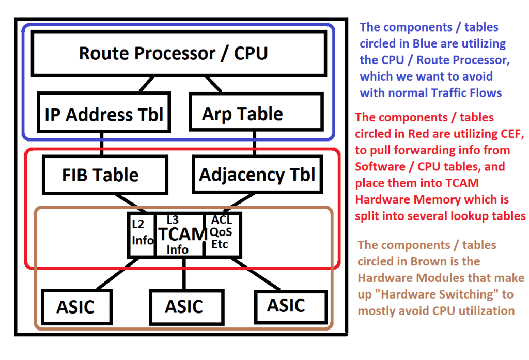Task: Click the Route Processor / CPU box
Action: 174,53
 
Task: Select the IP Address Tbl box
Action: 103,114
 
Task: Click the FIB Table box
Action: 100,175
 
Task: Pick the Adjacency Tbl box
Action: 257,175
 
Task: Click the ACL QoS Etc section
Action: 222,234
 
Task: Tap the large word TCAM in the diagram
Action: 182,234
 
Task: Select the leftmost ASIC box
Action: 75,306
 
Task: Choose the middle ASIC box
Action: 184,306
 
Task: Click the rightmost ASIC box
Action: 286,305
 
